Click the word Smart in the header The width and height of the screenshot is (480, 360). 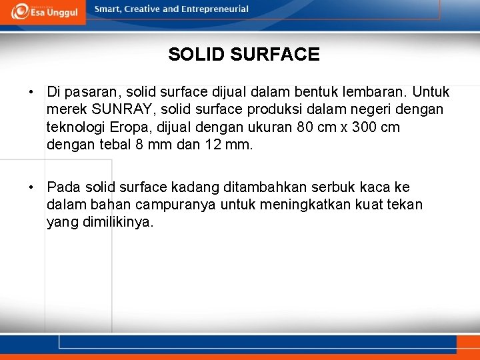pyautogui.click(x=108, y=9)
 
